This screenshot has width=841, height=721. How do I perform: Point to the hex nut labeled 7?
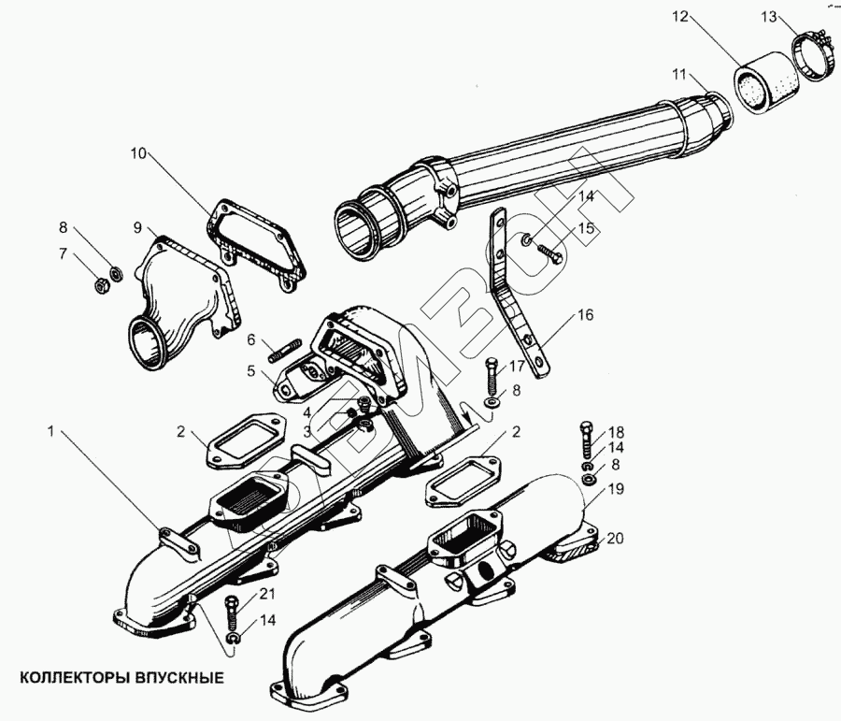pyautogui.click(x=100, y=285)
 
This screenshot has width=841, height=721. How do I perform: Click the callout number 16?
pyautogui.click(x=584, y=315)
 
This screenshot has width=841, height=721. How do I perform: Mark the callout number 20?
pyautogui.click(x=613, y=538)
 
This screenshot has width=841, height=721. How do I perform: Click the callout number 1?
pyautogui.click(x=51, y=430)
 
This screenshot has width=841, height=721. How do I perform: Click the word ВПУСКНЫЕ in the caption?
pyautogui.click(x=178, y=677)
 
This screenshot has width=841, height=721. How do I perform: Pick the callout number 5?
pyautogui.click(x=251, y=370)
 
